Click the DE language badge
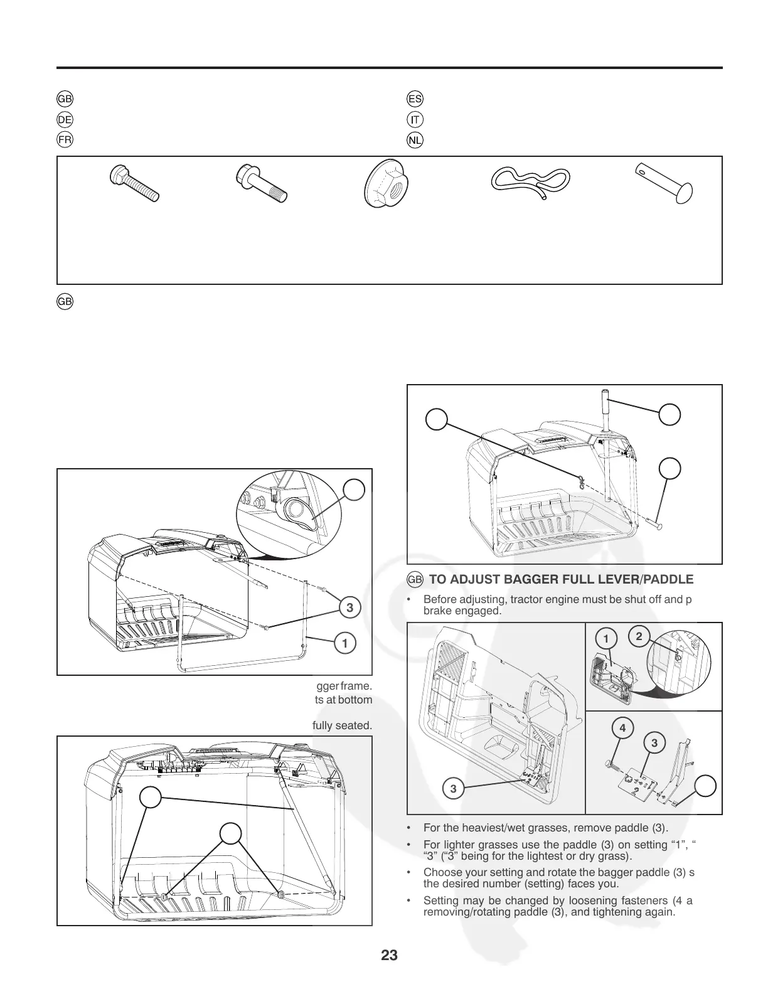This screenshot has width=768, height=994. pyautogui.click(x=65, y=119)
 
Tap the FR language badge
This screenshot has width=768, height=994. pyautogui.click(x=65, y=139)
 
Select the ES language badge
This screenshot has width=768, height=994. pyautogui.click(x=415, y=99)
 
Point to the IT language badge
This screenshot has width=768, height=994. pyautogui.click(x=415, y=119)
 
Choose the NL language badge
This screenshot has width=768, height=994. pyautogui.click(x=415, y=139)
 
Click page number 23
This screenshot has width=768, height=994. pyautogui.click(x=389, y=956)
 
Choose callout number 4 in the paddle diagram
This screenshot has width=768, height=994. pyautogui.click(x=622, y=729)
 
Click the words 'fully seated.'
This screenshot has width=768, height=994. pyautogui.click(x=342, y=725)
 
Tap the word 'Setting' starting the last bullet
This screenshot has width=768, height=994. pyautogui.click(x=441, y=901)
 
